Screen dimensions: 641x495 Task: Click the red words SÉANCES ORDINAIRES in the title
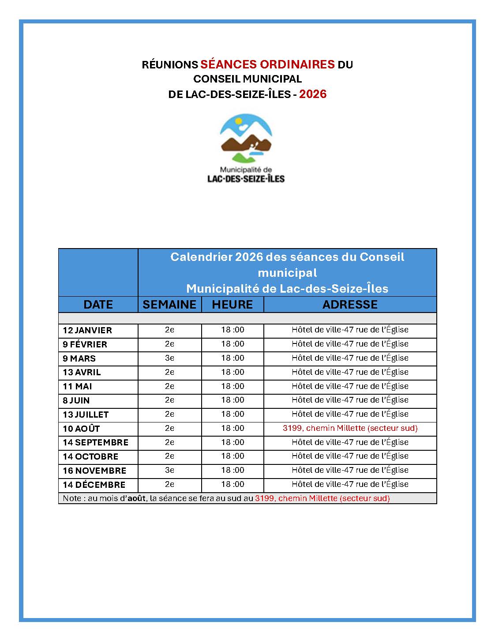pyautogui.click(x=267, y=64)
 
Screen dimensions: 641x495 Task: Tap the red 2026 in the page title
pyautogui.click(x=313, y=94)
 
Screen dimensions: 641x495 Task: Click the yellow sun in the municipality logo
pyautogui.click(x=239, y=120)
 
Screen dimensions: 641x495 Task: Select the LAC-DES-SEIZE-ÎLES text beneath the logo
pyautogui.click(x=246, y=179)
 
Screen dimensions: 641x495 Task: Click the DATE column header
pyautogui.click(x=98, y=305)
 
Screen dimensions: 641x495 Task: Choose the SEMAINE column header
pyautogui.click(x=169, y=305)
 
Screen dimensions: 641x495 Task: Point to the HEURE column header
pyautogui.click(x=232, y=305)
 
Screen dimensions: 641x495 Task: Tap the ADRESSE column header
pyautogui.click(x=350, y=305)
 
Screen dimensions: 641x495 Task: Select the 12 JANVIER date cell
pyautogui.click(x=87, y=330)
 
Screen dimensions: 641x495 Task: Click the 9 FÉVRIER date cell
pyautogui.click(x=85, y=344)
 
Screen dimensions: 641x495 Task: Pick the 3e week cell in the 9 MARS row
pyautogui.click(x=169, y=358)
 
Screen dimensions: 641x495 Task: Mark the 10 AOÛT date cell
pyautogui.click(x=81, y=429)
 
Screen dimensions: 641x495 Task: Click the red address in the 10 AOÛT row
pyautogui.click(x=350, y=428)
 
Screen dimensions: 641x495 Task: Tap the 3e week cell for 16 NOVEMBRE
pyautogui.click(x=169, y=470)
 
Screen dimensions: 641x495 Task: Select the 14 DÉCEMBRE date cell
pyautogui.click(x=94, y=485)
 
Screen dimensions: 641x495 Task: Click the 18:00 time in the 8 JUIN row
pyautogui.click(x=232, y=400)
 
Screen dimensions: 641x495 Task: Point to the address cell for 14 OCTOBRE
pyautogui.click(x=350, y=456)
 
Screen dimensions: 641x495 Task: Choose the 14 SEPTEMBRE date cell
pyautogui.click(x=95, y=442)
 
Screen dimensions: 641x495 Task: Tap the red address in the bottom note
pyautogui.click(x=322, y=498)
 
